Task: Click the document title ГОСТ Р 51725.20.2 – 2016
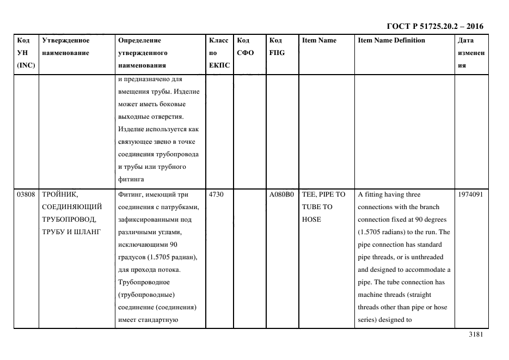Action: [x=434, y=26]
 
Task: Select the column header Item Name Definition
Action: [x=391, y=40]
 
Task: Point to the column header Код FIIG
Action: [x=277, y=46]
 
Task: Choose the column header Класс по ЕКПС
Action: [x=219, y=53]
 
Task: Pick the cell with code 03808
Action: [x=25, y=194]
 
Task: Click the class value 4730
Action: [x=216, y=194]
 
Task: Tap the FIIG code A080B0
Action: [x=281, y=194]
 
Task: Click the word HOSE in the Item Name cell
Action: [x=311, y=219]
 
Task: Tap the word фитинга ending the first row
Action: [x=130, y=179]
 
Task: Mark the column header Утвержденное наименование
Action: [x=65, y=46]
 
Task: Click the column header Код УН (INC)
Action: [x=26, y=53]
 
